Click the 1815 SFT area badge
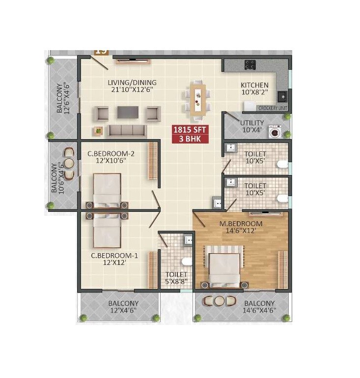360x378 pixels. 190,130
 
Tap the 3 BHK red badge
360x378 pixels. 190,139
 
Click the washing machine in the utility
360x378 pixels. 275,132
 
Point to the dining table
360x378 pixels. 198,100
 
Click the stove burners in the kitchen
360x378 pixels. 249,64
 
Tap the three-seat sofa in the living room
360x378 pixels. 127,130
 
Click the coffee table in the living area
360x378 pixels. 127,112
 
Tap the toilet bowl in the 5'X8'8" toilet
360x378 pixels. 186,261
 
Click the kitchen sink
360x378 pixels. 282,96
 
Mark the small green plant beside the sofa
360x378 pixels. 98,130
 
